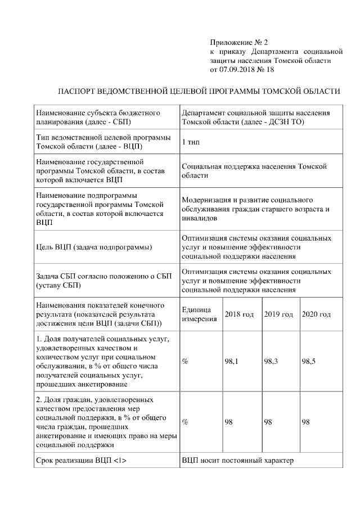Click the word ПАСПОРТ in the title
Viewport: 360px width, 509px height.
tap(78, 91)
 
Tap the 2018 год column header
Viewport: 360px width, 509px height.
tap(239, 314)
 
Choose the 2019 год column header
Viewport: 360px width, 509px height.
tap(278, 314)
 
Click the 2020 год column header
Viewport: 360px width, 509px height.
tap(316, 314)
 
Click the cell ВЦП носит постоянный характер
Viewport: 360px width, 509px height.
tap(238, 461)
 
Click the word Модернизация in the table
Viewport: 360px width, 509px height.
tap(209, 200)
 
